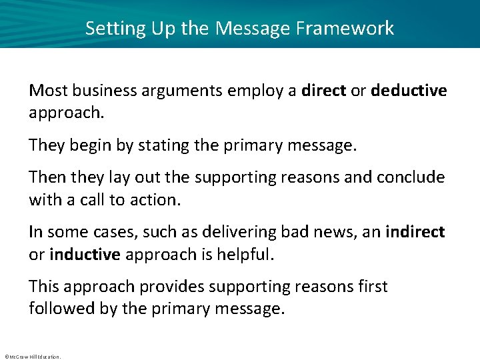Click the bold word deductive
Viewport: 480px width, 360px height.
pos(409,90)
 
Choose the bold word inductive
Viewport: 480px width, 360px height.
pos(84,255)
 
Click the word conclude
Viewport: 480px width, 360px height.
pos(411,177)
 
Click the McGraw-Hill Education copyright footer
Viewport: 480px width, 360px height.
pos(32,357)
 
